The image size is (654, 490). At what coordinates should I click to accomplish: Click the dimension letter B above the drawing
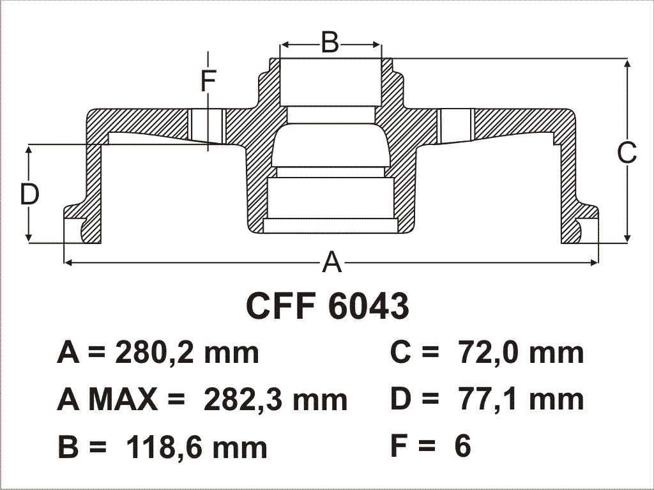click(330, 42)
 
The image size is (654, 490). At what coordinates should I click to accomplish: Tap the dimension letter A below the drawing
click(332, 262)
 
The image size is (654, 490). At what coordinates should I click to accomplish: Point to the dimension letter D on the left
click(29, 194)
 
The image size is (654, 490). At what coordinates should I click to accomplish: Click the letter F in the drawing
click(208, 81)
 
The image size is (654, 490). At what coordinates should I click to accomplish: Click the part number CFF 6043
click(328, 306)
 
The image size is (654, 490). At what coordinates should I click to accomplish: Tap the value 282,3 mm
click(275, 400)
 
